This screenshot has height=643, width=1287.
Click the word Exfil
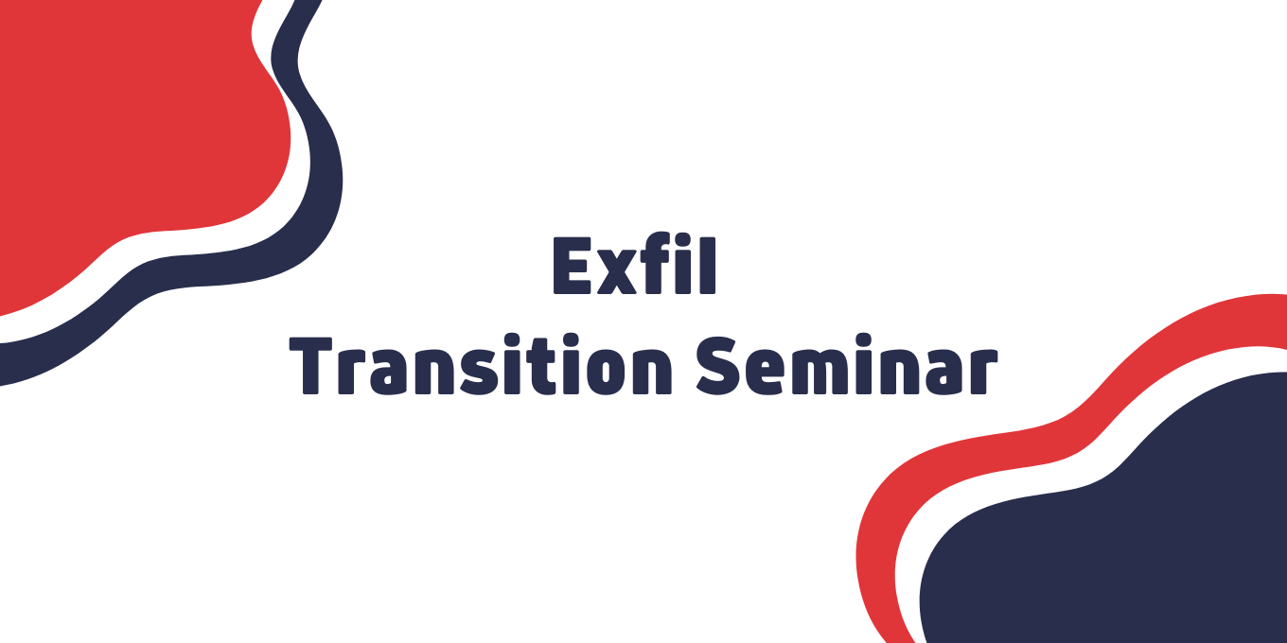(x=634, y=265)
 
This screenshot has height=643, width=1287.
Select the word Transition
(x=481, y=365)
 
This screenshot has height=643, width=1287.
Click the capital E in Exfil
(x=573, y=266)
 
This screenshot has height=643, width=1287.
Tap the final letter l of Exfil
(x=708, y=265)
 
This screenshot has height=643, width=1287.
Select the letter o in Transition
(x=608, y=373)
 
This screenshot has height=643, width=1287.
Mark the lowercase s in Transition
(x=478, y=373)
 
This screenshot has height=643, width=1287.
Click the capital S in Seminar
(x=717, y=365)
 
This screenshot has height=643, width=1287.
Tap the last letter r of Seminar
(x=983, y=373)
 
